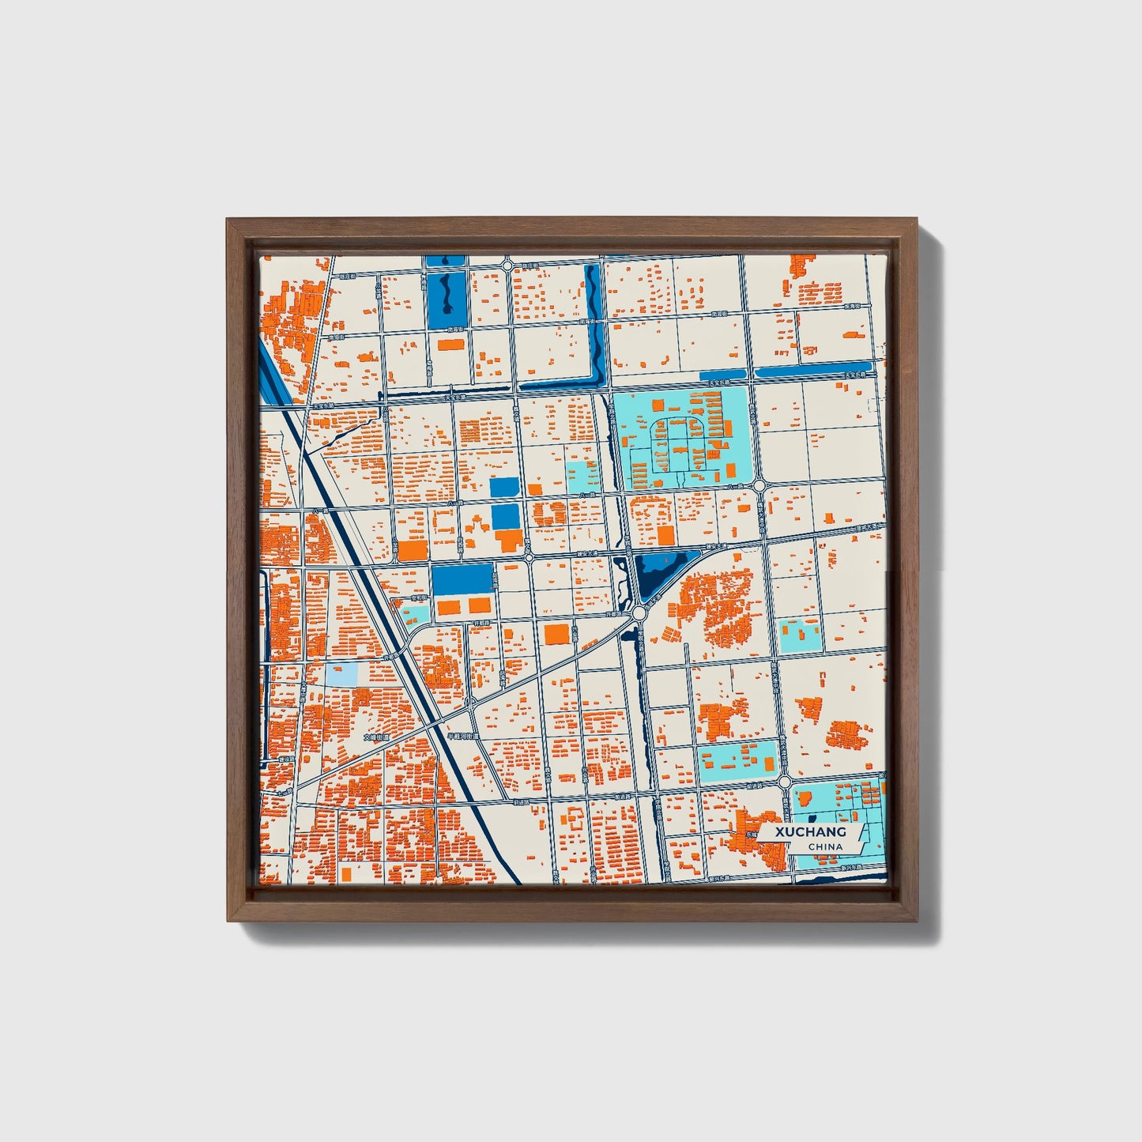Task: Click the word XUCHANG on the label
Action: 810,832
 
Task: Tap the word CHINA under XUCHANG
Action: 825,846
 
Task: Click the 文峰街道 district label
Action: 377,737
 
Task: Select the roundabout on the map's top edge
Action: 506,266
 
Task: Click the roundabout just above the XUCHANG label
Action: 784,782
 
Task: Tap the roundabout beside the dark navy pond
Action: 639,612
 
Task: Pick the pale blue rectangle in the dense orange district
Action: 341,675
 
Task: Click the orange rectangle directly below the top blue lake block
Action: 450,345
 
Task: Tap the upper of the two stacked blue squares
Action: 505,488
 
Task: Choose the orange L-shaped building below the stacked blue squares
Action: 509,541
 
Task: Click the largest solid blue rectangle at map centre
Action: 461,579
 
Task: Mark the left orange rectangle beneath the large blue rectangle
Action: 448,606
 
